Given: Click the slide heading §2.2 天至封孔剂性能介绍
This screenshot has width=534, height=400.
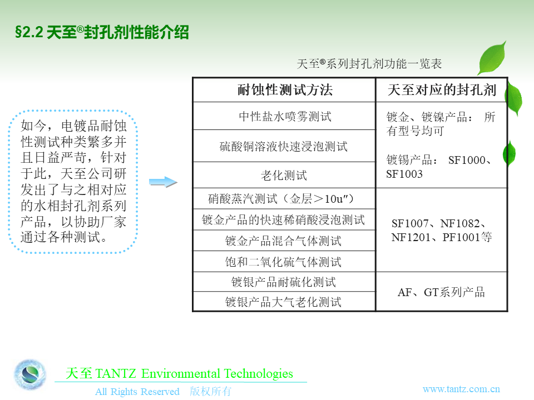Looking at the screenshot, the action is point(102,32).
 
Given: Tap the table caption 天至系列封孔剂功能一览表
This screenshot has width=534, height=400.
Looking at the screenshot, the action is point(369,63).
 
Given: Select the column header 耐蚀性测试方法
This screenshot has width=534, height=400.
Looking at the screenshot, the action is point(285,90).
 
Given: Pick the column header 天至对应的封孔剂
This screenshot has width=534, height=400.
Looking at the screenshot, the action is point(442,90).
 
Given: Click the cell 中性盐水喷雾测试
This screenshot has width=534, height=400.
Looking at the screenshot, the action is point(285,116).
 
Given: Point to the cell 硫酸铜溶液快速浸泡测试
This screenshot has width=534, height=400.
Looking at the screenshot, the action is point(283,146).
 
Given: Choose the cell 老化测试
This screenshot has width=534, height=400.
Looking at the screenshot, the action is point(284,175).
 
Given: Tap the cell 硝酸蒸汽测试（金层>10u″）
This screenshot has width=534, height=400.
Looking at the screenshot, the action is point(281,199).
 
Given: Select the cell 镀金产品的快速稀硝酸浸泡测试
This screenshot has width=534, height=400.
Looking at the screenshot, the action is point(283,220).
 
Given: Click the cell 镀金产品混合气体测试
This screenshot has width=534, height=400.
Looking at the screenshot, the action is point(283,241).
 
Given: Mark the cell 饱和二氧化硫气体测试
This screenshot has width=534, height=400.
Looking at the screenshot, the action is point(283,262).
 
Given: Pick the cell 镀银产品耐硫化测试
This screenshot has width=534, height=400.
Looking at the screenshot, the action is point(283,282).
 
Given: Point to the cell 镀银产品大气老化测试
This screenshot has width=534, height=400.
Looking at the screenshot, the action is point(283,302).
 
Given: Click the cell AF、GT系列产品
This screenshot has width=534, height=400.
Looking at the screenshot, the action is point(441,292).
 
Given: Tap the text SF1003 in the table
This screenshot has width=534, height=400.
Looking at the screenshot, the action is point(404,174).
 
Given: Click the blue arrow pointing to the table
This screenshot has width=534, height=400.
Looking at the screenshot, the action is point(164,182).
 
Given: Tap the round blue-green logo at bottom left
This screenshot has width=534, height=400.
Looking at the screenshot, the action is point(30,374).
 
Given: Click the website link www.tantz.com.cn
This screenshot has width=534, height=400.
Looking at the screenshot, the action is point(461,389).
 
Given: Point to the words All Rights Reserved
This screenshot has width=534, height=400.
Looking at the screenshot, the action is point(137,392).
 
